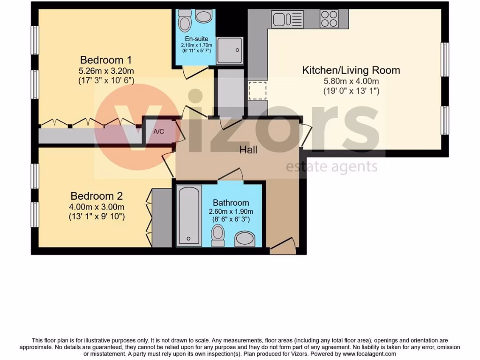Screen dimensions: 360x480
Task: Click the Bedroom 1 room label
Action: click(106, 60)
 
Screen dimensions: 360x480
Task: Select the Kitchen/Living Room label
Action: click(351, 71)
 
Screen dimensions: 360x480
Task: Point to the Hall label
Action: click(248, 150)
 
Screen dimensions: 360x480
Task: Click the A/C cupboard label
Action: click(159, 131)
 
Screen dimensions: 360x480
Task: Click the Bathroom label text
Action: click(231, 203)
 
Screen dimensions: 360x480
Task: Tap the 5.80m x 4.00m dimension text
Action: click(351, 82)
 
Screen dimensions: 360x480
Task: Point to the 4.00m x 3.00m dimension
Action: click(97, 207)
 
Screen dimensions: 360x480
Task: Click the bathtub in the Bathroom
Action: click(189, 215)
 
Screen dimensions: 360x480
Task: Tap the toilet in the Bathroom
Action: click(217, 235)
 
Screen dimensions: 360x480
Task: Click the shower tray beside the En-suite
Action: click(230, 51)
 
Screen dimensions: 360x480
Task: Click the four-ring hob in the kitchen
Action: click(329, 19)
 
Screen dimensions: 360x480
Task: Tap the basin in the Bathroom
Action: click(244, 239)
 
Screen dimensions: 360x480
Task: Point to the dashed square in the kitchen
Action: click(257, 90)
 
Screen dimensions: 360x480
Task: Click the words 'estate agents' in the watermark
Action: click(331, 166)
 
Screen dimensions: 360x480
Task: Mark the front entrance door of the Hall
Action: click(283, 245)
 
